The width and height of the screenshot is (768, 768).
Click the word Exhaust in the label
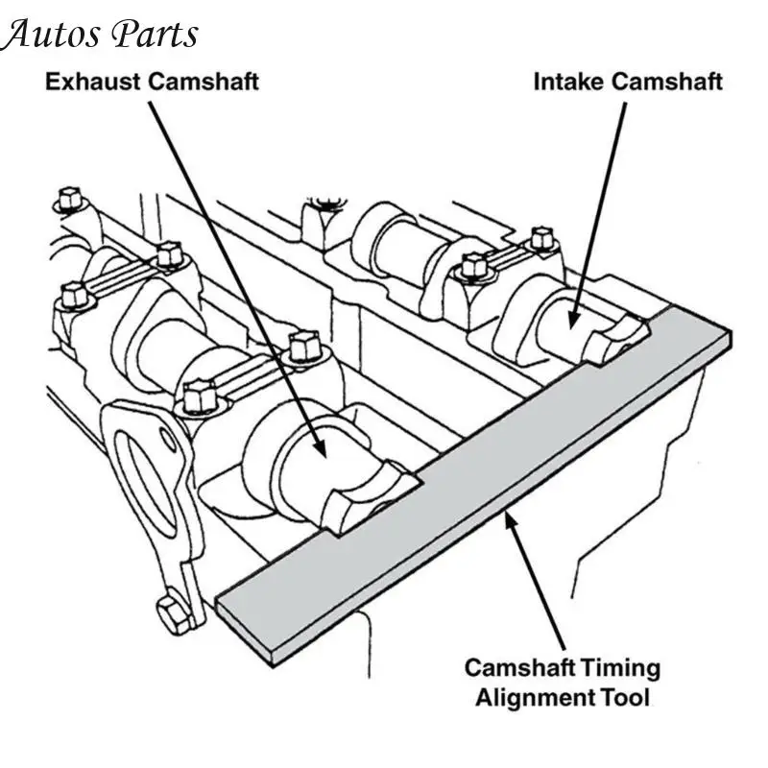click(x=93, y=81)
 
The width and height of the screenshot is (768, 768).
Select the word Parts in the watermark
click(x=156, y=35)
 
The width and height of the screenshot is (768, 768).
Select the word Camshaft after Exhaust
click(x=204, y=81)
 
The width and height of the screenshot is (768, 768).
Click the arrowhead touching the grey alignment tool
click(x=510, y=522)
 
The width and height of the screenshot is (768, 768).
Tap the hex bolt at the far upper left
click(x=68, y=200)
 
